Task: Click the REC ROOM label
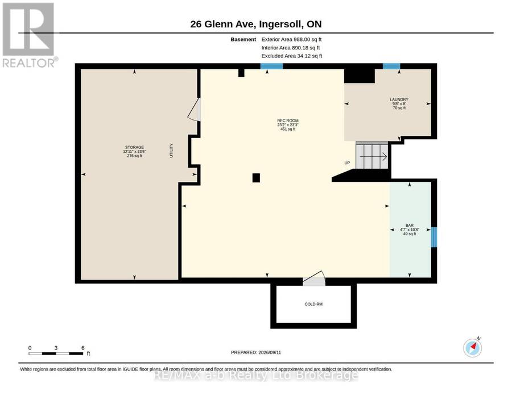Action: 288,120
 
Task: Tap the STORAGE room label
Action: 134,147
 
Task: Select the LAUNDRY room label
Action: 399,99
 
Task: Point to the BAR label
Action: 410,226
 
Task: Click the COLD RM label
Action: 313,304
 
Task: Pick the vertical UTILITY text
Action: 171,151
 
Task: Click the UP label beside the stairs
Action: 347,163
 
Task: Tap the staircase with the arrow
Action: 372,155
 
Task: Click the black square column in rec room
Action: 256,178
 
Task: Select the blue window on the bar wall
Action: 434,237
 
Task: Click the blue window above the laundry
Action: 391,66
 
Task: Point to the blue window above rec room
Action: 271,66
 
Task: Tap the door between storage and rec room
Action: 195,110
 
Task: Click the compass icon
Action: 473,348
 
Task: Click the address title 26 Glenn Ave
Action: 256,24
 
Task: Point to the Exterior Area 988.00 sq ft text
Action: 291,39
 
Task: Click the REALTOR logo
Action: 30,35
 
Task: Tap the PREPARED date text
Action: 256,352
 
